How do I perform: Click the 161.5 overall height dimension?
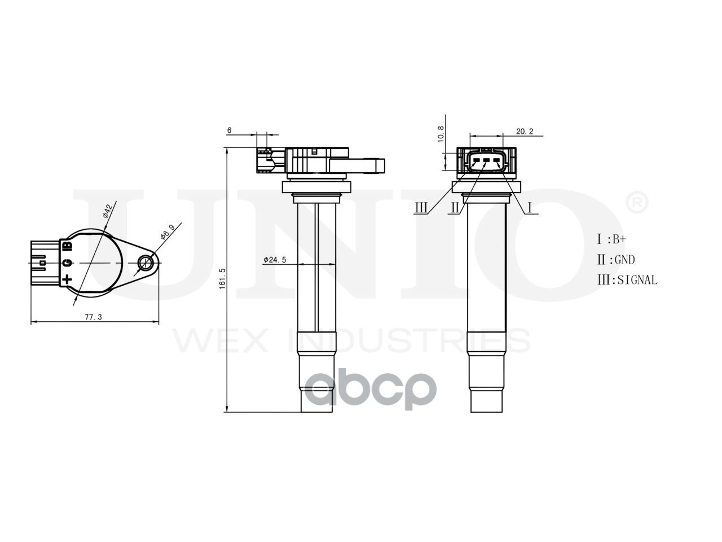223,278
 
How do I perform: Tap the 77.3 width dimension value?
94,317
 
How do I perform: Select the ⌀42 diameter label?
108,211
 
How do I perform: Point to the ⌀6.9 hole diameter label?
168,232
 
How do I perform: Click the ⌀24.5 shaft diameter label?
275,260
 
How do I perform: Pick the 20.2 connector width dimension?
525,132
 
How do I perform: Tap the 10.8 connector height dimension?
441,134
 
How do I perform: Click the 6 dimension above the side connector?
229,130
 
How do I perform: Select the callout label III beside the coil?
421,208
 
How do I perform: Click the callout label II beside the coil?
455,208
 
